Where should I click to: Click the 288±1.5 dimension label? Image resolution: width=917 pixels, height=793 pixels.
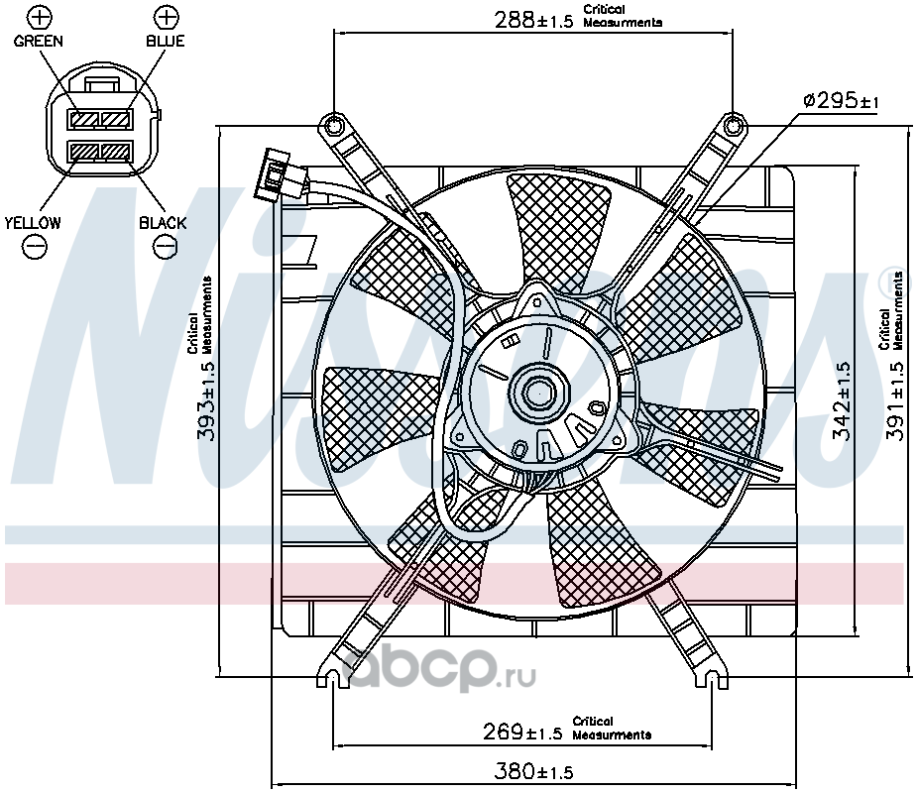533,21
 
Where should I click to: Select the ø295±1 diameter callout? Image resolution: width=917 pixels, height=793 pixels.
841,102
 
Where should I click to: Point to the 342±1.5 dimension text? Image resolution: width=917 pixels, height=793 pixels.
842,400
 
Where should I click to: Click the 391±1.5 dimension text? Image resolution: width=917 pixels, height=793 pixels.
895,400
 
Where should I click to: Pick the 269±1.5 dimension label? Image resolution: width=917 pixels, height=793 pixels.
522,732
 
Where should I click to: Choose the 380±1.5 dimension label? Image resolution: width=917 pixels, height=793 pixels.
533,771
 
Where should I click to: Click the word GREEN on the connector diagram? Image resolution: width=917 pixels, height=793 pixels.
38,41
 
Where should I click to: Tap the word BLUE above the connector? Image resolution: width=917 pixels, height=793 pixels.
166,41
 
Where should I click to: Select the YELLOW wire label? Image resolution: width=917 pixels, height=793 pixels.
33,223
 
